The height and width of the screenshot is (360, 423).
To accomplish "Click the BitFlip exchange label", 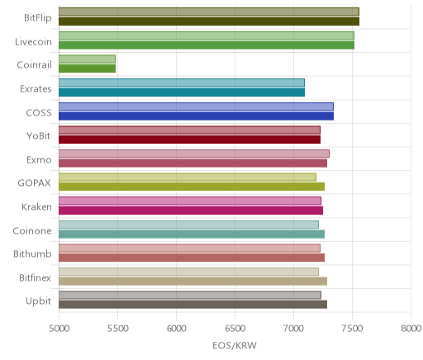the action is (x=38, y=18).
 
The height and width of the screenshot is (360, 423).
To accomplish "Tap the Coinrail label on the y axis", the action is (x=34, y=65).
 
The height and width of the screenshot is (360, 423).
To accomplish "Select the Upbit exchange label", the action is (x=38, y=301).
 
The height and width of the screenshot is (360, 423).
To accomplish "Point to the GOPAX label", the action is (x=34, y=183).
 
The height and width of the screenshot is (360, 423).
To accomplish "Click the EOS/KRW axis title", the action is (x=235, y=345).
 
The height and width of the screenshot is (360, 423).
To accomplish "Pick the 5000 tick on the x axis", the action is (x=59, y=329).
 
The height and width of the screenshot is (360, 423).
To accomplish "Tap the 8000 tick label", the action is (x=411, y=329).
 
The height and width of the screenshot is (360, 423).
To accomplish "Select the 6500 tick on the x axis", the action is (x=235, y=329).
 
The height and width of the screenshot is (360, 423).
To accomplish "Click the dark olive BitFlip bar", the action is (x=209, y=21).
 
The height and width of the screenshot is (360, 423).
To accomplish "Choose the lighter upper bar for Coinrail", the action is (x=87, y=59).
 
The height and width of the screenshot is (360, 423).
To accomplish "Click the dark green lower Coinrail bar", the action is (x=87, y=69).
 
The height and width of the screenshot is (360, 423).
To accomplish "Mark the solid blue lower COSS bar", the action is (x=196, y=116).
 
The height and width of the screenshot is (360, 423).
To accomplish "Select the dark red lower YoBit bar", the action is (x=189, y=140).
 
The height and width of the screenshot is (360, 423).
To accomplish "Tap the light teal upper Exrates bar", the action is (x=182, y=83).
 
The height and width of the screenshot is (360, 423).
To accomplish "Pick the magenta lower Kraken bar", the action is (x=191, y=211).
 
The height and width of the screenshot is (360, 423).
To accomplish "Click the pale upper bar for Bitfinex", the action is (x=188, y=272).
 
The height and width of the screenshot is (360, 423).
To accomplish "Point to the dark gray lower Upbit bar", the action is (x=192, y=305).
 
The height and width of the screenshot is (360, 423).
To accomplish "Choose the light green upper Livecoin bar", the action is (x=207, y=36).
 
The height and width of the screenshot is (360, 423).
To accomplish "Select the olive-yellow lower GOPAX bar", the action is (x=192, y=187).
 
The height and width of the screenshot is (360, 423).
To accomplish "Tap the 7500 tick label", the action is (x=353, y=329).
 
